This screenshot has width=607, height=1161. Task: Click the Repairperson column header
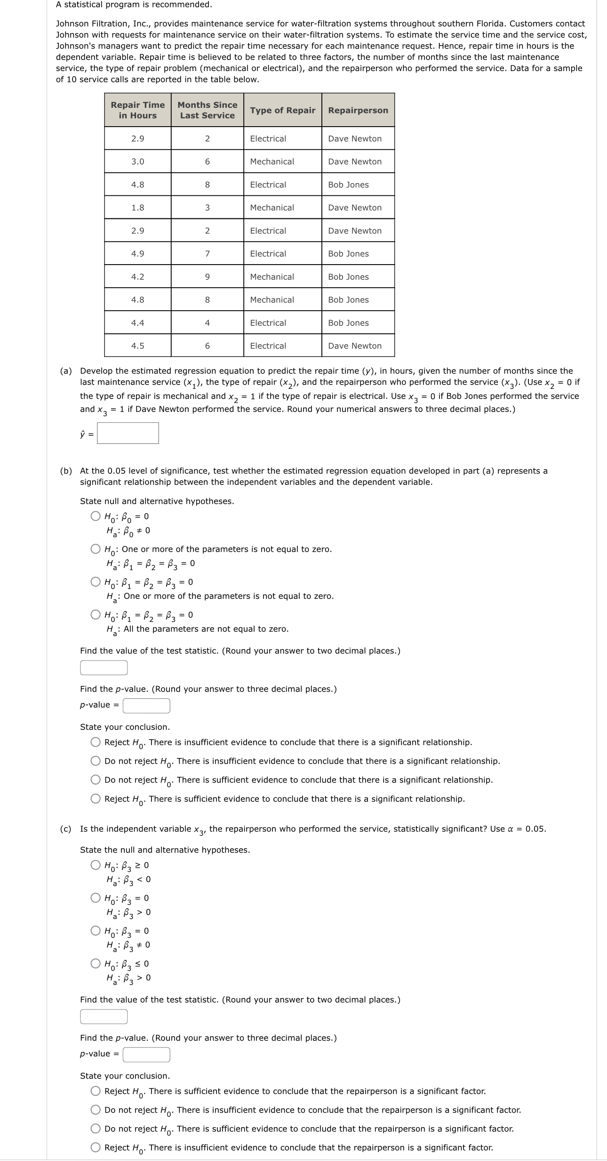(x=358, y=110)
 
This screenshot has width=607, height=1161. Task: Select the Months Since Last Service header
(x=207, y=110)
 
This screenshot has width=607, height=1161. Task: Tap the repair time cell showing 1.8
(x=137, y=208)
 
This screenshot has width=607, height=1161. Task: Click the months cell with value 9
(x=207, y=277)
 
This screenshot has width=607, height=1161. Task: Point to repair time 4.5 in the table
(x=137, y=346)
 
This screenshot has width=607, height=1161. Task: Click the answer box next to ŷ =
(x=128, y=433)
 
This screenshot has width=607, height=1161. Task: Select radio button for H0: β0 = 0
(x=96, y=516)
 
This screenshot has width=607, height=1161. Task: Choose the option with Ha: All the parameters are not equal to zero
(x=96, y=615)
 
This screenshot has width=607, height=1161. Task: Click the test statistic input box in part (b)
(x=104, y=668)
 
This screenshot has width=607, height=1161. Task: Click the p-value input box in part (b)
(x=146, y=706)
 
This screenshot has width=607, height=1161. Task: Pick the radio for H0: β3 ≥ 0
(x=96, y=865)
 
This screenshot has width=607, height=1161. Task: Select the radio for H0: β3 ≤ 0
(x=96, y=964)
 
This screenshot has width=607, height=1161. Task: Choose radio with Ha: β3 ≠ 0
(x=96, y=931)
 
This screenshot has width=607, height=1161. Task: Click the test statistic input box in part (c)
(x=104, y=1016)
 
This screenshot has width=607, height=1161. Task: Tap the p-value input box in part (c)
(x=146, y=1055)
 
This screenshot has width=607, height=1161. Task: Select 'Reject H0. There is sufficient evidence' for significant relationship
(x=96, y=798)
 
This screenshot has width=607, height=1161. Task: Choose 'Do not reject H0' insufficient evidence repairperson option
(x=96, y=1110)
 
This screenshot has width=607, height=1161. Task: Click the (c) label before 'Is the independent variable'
(x=66, y=829)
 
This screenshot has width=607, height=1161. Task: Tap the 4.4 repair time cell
(x=137, y=323)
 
